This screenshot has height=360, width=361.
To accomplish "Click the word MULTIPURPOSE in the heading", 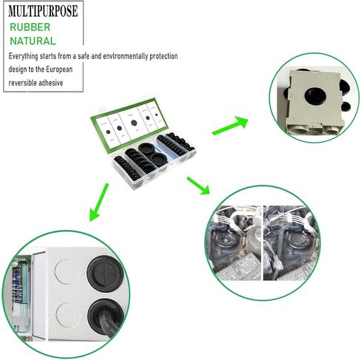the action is coord(43,11).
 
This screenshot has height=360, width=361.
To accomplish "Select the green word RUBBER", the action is coord(30,27).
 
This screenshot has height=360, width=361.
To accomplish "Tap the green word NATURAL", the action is coord(33,41).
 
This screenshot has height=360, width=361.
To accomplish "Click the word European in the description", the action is coord(59,69).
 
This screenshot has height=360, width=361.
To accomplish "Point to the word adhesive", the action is coord(49,83).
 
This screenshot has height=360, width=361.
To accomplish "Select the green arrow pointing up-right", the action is coord(230,126).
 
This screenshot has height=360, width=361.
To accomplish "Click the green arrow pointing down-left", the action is coord(98,202).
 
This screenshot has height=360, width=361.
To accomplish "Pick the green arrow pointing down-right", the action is coord(198,186).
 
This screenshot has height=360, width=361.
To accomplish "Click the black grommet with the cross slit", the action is coord(104,274).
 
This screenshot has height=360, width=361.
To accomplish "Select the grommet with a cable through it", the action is coord(106,317).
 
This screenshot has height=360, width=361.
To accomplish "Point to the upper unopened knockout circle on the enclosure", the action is coord(67,272).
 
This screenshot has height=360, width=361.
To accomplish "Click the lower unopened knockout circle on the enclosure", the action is coord(68,315).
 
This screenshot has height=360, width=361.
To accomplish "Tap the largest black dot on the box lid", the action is coord(134,123).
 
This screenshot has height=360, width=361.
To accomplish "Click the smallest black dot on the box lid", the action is coord(156,115).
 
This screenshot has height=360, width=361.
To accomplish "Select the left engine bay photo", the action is coord(235,242).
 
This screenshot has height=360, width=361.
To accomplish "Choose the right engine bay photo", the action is coord(291,242).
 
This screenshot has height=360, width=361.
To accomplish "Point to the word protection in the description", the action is coord(163,56).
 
